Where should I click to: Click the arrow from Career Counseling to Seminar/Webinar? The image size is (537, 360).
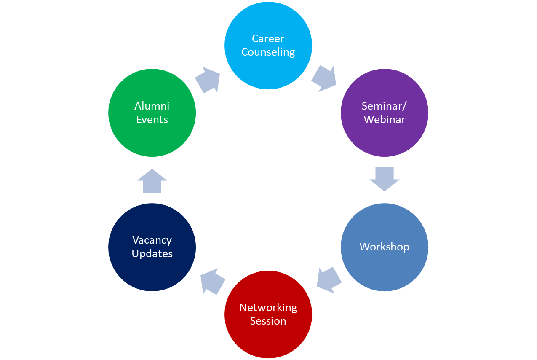324,78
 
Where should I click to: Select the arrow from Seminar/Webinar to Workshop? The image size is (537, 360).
384,179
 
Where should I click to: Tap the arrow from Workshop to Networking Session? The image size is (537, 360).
329,279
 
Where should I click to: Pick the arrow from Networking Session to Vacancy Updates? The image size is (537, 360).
213,282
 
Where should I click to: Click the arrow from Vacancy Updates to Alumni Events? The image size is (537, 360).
152,181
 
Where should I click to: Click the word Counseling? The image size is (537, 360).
268,52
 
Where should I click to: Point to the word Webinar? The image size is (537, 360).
385,120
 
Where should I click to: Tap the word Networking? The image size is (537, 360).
268,308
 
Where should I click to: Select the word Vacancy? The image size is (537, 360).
152,240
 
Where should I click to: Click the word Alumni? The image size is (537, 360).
152,106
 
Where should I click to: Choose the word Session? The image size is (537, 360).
268,321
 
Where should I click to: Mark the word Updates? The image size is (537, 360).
152,254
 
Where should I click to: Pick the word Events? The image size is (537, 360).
152,120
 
